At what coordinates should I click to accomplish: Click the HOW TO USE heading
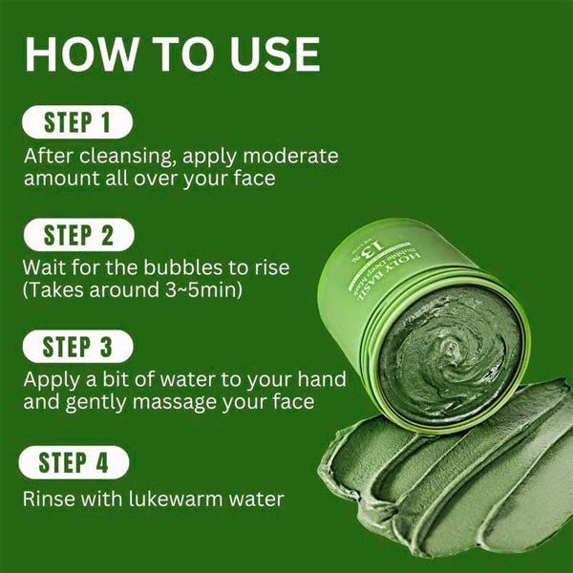(172, 54)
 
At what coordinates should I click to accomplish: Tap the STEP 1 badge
(76, 122)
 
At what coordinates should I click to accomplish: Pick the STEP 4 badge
(76, 464)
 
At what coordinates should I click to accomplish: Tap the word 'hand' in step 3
(320, 379)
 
